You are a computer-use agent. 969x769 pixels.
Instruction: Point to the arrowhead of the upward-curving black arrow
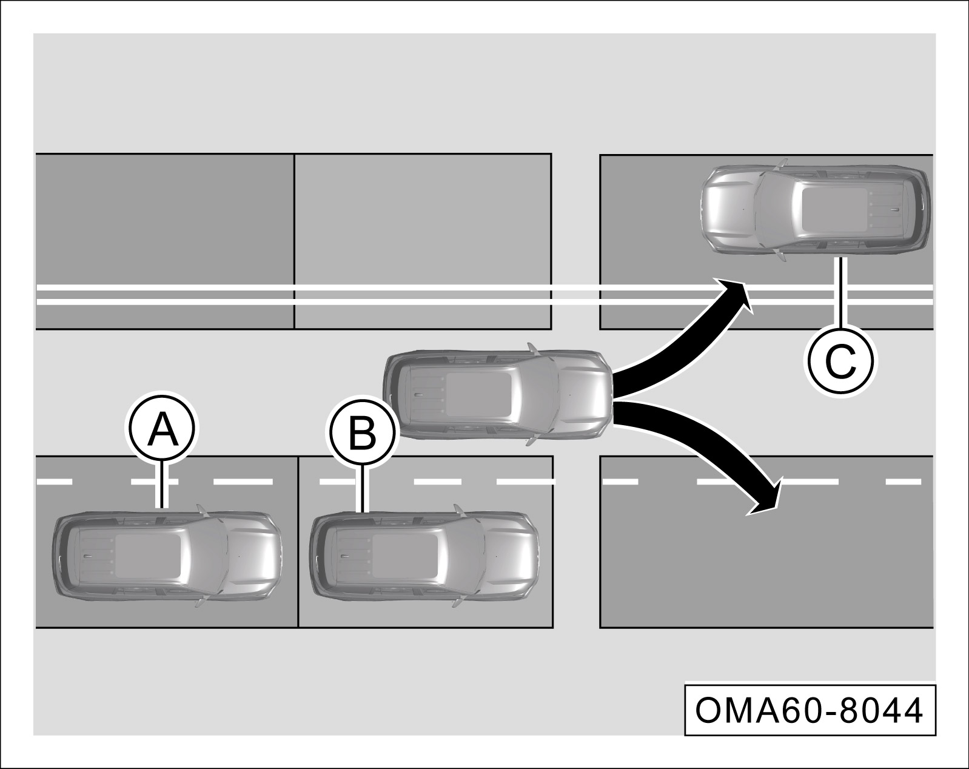click(733, 295)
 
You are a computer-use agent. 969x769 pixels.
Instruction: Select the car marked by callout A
click(167, 556)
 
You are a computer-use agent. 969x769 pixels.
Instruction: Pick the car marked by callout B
click(424, 556)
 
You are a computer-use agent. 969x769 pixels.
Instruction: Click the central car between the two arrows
click(498, 395)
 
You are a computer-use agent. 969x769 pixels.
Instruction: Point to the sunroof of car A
click(149, 556)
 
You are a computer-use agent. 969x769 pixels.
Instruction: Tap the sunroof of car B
click(406, 556)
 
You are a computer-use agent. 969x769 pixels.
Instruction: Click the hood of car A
click(253, 556)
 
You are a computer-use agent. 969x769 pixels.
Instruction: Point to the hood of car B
click(510, 556)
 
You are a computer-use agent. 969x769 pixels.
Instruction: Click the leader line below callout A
click(163, 485)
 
